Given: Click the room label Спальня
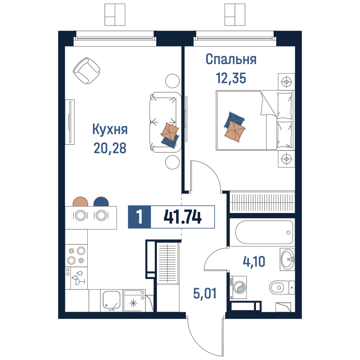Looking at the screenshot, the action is [x=231, y=59].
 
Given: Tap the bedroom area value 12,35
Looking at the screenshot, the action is [x=231, y=78].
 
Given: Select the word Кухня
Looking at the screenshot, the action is [x=110, y=130].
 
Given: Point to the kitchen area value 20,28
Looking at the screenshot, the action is [x=110, y=148].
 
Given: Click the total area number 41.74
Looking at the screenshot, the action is [x=183, y=217].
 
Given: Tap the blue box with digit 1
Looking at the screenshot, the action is [x=139, y=217].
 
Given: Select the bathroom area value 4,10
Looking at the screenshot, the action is [x=254, y=261].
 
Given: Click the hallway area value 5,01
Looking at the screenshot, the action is [x=205, y=294].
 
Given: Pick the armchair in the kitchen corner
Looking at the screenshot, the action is [x=86, y=71].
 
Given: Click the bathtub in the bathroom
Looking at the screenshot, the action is [x=264, y=232].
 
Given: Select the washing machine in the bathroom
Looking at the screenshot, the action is [x=238, y=287].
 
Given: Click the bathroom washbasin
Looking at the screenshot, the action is [x=287, y=260].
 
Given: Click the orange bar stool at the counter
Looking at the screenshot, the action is [x=80, y=202].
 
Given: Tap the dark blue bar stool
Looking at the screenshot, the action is [x=101, y=202].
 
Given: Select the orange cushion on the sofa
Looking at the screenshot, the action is [x=170, y=131].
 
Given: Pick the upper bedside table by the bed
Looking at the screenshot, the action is [x=286, y=81].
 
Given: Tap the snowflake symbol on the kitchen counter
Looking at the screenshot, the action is [x=133, y=303].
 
